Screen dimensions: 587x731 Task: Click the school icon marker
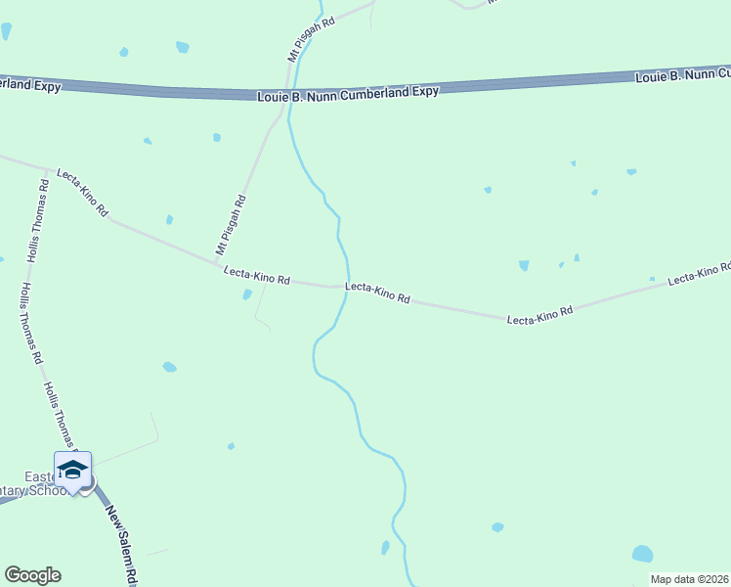coord(72,470)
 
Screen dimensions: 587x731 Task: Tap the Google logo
coord(32,575)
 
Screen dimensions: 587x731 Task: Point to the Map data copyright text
coord(689,579)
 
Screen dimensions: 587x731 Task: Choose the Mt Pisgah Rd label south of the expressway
coord(232,224)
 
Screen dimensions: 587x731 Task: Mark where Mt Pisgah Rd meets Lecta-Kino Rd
coord(217,262)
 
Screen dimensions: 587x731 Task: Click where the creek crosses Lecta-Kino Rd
coord(345,288)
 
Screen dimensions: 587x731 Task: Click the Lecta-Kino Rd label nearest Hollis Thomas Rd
coord(82,192)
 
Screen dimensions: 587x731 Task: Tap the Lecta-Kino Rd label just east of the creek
coord(377,292)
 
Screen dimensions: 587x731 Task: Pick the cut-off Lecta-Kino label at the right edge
coord(699,273)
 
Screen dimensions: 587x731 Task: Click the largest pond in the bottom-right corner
coord(642,554)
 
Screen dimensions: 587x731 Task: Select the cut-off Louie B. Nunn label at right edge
coord(682,74)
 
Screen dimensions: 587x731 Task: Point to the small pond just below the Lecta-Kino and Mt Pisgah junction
coord(247,294)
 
